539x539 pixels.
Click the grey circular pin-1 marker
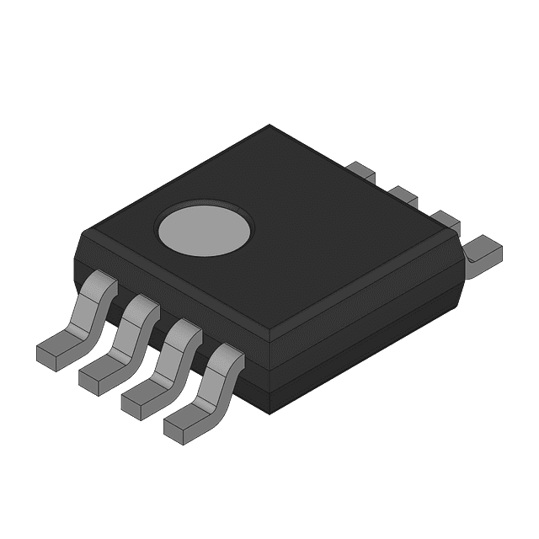[x=205, y=228]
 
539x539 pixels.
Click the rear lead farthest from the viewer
[x=363, y=171]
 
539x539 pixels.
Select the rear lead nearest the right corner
[x=484, y=249]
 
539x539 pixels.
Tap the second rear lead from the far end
[x=404, y=197]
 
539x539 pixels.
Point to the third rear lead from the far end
[x=446, y=221]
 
